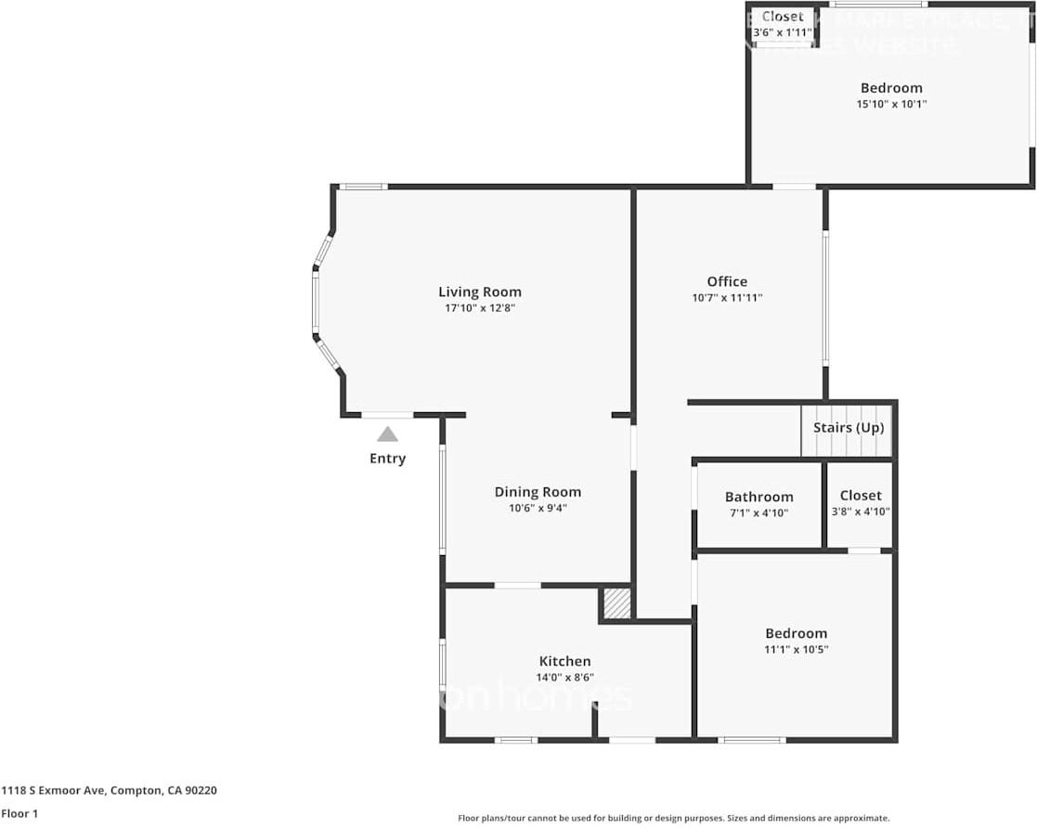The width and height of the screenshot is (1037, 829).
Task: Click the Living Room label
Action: point(479,291)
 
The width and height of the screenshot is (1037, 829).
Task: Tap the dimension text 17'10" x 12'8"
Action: point(479,308)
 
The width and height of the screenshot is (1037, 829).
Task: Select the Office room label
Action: point(727,281)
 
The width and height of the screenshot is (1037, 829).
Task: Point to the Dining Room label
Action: point(538,492)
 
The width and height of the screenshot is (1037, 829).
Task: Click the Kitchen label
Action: point(564,661)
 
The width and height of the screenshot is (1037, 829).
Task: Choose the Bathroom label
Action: point(758,497)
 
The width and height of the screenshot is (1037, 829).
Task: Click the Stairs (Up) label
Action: point(849,428)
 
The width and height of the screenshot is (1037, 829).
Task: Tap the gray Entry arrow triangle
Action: point(387,434)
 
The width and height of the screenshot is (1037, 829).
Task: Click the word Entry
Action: point(387,459)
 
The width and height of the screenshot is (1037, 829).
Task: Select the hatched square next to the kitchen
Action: point(616,603)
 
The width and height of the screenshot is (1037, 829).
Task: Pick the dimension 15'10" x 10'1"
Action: point(891,104)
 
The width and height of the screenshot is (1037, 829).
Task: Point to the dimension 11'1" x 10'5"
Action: point(796,650)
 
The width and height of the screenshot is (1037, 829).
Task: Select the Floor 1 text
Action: point(19,813)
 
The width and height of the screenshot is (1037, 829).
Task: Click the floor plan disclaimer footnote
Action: point(673,818)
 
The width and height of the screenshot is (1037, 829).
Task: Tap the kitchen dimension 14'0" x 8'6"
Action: point(564,678)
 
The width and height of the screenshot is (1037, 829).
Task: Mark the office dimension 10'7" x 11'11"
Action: point(727,298)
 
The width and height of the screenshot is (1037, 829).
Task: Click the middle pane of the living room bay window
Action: point(316,302)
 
